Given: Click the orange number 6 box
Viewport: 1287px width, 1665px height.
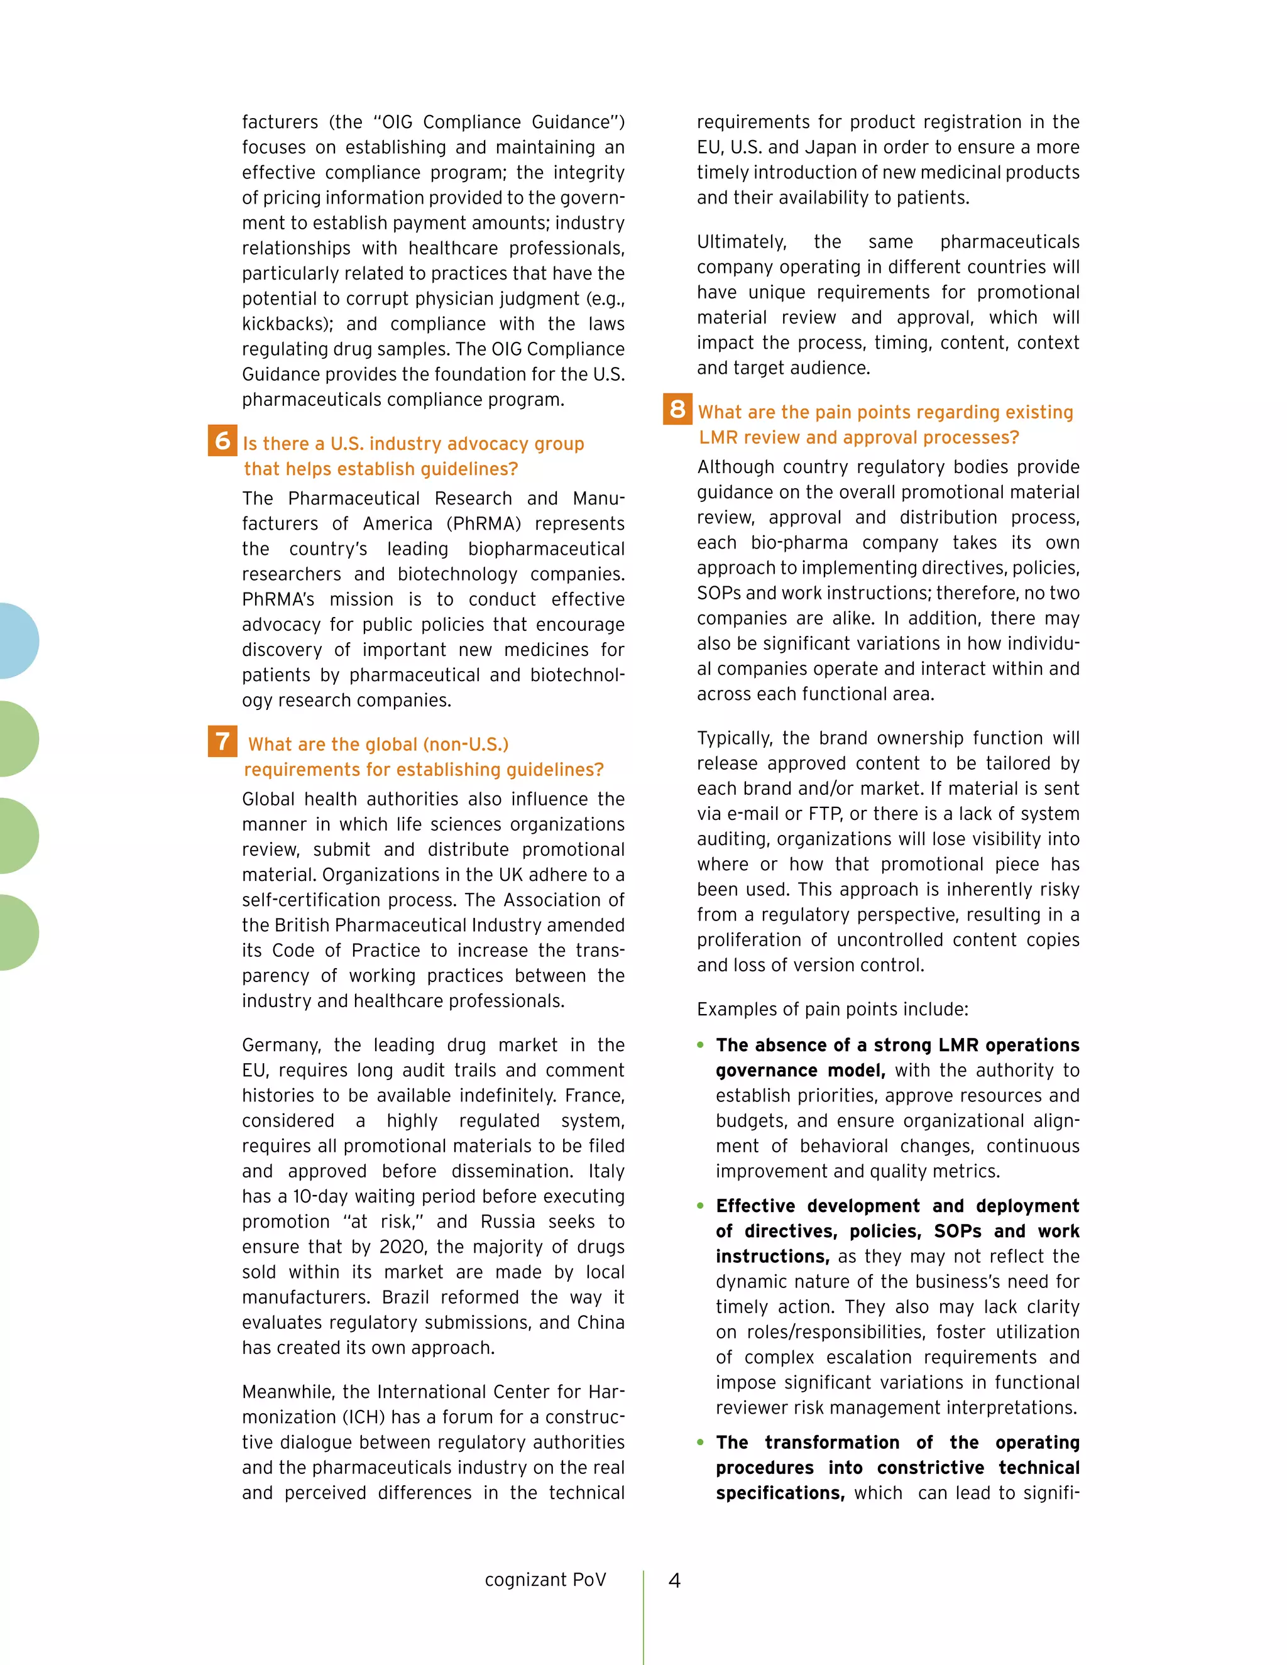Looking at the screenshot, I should (x=222, y=440).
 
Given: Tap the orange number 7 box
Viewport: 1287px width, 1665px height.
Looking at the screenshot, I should (x=222, y=741).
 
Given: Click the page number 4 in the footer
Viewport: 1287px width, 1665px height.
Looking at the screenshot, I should (x=674, y=1580).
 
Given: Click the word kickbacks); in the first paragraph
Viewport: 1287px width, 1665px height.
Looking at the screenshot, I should (x=287, y=324).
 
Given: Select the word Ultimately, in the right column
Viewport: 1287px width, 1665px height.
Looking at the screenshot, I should (x=741, y=242).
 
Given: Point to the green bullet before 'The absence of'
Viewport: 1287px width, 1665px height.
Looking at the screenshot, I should (x=700, y=1044).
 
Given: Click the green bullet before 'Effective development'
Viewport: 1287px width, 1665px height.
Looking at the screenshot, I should (x=700, y=1205).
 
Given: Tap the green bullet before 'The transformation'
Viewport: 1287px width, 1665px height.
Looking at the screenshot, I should (x=700, y=1441).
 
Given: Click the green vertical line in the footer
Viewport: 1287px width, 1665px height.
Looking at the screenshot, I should (x=643, y=1616).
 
